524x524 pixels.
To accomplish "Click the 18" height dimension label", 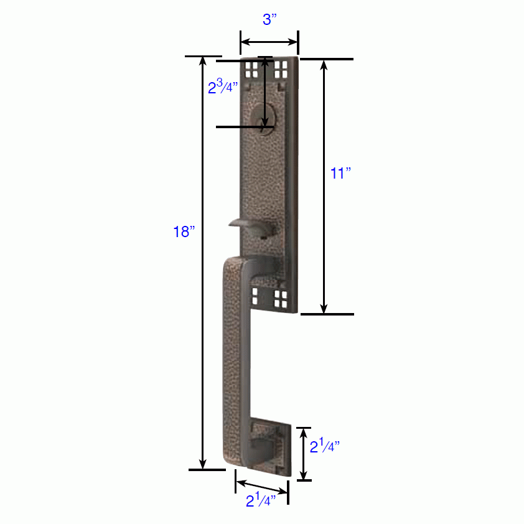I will [x=184, y=233].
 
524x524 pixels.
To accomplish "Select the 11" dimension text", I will [x=341, y=174].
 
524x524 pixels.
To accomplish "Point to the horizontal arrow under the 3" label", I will [x=269, y=42].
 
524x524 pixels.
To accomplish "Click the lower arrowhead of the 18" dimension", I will [x=203, y=464].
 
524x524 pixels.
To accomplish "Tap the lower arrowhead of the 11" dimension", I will [x=324, y=308].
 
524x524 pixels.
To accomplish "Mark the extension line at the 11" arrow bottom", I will [x=327, y=314].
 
